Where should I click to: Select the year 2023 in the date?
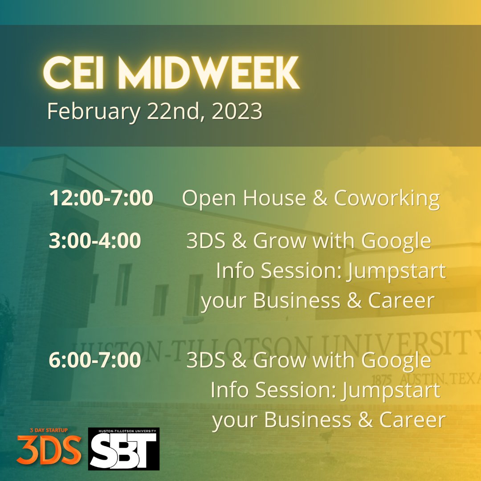(x=237, y=112)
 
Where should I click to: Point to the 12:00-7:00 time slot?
(x=101, y=198)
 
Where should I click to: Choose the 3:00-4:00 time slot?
(x=95, y=241)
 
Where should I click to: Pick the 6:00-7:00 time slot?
(x=95, y=360)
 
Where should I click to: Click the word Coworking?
(x=387, y=198)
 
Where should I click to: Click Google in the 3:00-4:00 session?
(x=396, y=241)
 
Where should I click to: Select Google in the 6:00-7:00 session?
(x=396, y=360)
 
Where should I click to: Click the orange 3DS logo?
(x=49, y=450)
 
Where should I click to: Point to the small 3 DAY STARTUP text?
(x=49, y=432)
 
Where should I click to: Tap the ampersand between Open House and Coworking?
(x=320, y=198)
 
